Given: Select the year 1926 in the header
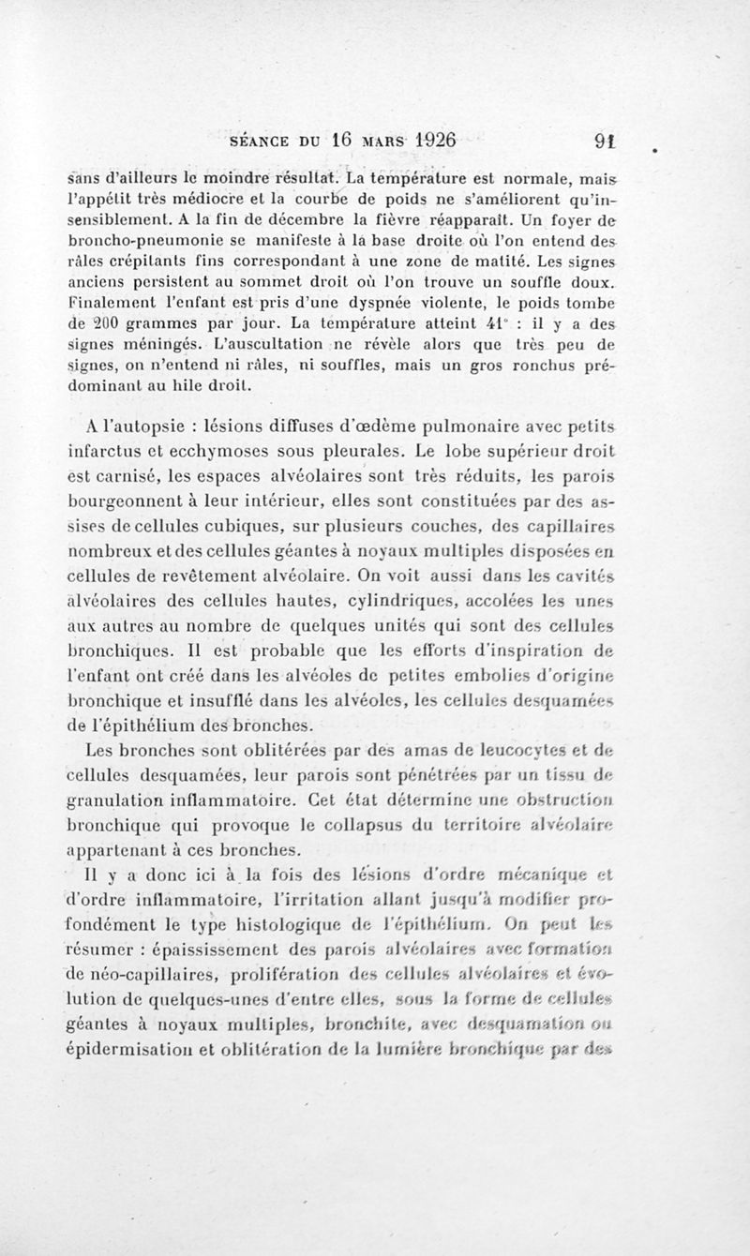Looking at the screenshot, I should click(419, 141).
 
